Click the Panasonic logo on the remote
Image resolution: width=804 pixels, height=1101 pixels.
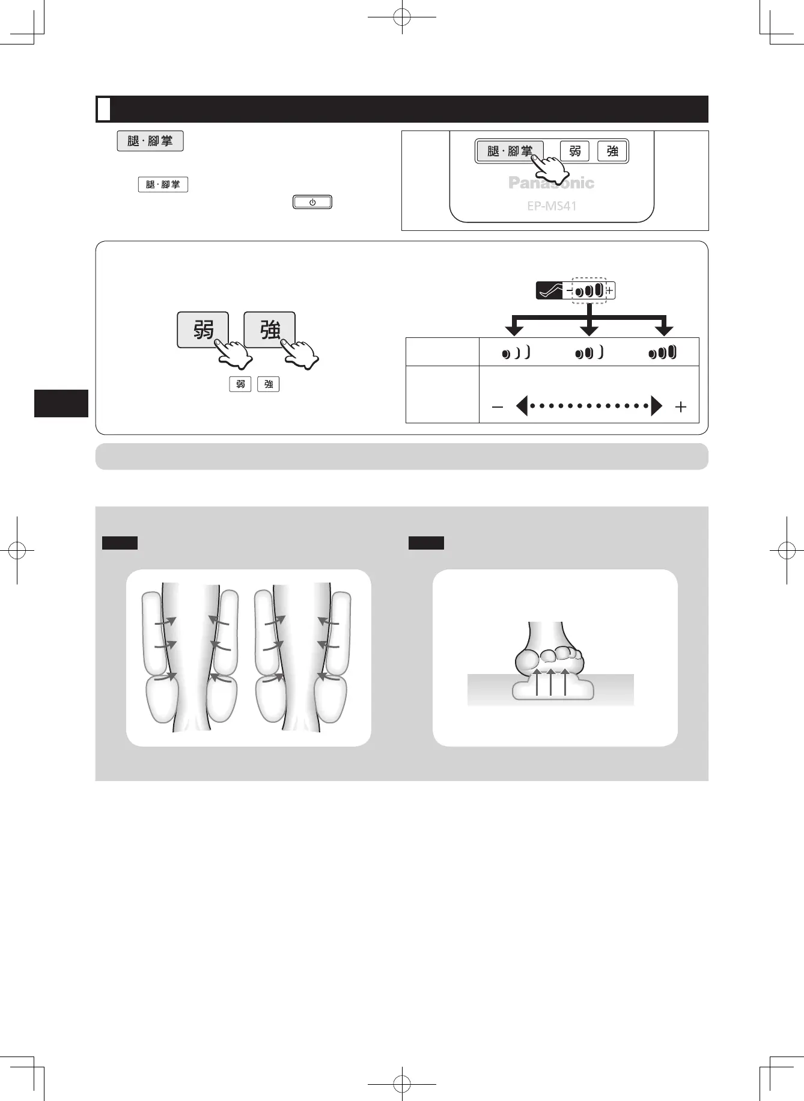point(551,183)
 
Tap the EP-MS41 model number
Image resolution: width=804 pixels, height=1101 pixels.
point(552,206)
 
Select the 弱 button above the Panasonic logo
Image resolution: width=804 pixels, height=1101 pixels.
point(575,151)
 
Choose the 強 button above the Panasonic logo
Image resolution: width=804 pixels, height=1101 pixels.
point(612,151)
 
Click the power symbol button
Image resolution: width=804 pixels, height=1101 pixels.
point(312,202)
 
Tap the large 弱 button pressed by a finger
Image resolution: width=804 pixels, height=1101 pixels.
point(203,329)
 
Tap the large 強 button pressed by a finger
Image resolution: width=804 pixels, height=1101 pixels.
point(269,329)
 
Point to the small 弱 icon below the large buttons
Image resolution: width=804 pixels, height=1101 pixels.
point(240,384)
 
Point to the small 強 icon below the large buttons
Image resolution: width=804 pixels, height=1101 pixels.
point(269,384)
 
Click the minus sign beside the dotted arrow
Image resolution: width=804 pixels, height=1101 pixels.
point(497,407)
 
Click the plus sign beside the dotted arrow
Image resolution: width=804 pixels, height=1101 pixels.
point(680,407)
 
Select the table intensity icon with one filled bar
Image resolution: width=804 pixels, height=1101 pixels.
point(516,353)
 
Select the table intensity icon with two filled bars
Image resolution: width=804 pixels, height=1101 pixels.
point(589,353)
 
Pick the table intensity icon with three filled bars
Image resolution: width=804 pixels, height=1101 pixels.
point(663,352)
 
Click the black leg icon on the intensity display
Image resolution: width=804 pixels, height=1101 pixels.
point(549,291)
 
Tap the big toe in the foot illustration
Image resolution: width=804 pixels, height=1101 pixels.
point(527,661)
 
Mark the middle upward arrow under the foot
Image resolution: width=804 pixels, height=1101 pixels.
point(550,682)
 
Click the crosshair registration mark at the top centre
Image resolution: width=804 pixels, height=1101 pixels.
point(402,18)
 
